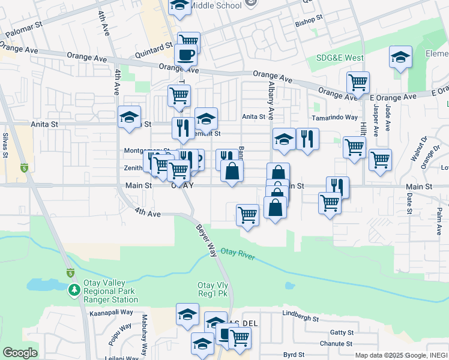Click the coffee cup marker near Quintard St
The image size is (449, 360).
pos(185,55)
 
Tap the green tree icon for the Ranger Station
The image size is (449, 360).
pos(74,290)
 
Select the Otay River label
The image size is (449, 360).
pos(238,254)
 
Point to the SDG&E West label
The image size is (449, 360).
pos(340,58)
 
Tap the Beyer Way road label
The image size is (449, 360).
pos(206,240)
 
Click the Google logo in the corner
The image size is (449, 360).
pos(20,353)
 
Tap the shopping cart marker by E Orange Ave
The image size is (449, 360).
pos(358,82)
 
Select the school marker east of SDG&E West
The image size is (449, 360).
pos(400,58)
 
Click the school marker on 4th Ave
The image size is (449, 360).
pos(129,118)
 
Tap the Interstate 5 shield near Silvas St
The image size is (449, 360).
pos(24,168)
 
